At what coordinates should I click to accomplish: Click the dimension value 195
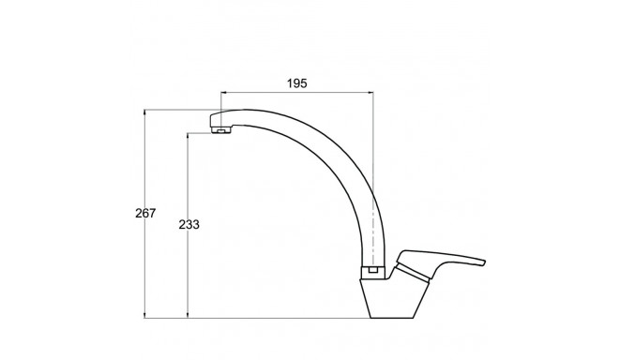click(296, 83)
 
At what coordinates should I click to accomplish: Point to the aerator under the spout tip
click(222, 131)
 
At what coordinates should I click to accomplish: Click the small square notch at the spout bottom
click(374, 271)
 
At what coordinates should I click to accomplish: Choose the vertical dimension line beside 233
click(189, 272)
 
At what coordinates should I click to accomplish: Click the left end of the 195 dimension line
click(220, 92)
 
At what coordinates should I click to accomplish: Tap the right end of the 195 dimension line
click(374, 92)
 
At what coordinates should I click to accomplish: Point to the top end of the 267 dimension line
click(145, 111)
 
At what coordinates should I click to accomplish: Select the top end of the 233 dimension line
click(189, 133)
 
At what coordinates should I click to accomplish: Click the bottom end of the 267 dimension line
click(145, 316)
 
